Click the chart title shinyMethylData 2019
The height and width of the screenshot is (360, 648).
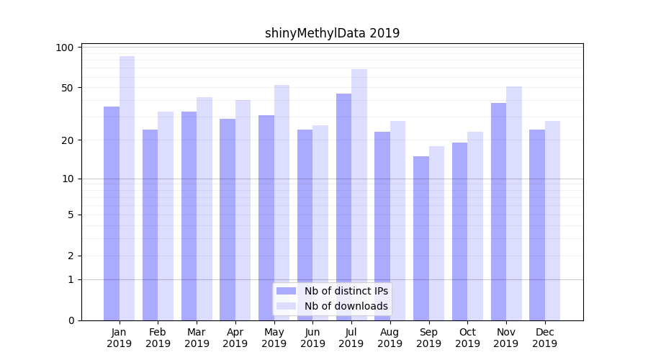coord(332,33)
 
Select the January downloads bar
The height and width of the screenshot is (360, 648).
coord(127,187)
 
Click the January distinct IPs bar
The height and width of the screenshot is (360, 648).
coord(112,212)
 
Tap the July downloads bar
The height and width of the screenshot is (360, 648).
coord(359,194)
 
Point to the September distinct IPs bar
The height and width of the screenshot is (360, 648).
coord(421,238)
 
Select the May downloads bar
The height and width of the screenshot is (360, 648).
coord(282,202)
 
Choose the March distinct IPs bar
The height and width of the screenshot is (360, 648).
coord(189,216)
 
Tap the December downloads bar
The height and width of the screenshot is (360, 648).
coord(552,220)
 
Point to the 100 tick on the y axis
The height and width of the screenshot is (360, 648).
coord(65,48)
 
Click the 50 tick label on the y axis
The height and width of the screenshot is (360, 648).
coord(67,88)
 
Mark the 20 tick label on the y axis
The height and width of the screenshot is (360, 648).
coord(67,140)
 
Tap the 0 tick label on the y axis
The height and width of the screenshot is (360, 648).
coord(71,320)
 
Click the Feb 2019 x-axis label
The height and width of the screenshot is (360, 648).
coord(158,338)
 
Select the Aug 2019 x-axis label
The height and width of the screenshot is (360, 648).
coord(390,338)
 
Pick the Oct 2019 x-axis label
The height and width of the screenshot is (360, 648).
coord(467,338)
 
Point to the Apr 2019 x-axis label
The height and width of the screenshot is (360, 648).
coord(235,338)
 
